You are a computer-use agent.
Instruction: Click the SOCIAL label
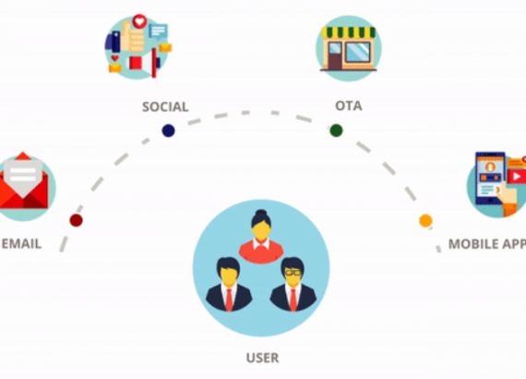pyautogui.click(x=165, y=107)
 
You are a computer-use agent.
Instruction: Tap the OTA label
pyautogui.click(x=349, y=105)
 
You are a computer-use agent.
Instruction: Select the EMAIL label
pyautogui.click(x=21, y=244)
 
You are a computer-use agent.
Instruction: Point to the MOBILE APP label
pyautogui.click(x=487, y=244)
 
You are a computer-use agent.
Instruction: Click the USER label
pyautogui.click(x=262, y=358)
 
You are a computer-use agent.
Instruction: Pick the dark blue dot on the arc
pyautogui.click(x=168, y=130)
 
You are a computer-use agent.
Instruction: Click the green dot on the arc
pyautogui.click(x=336, y=130)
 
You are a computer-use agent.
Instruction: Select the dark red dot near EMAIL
pyautogui.click(x=77, y=220)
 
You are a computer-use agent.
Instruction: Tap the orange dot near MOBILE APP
pyautogui.click(x=425, y=220)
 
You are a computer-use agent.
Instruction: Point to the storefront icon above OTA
pyautogui.click(x=349, y=48)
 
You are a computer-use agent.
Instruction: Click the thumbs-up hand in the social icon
pyautogui.click(x=133, y=37)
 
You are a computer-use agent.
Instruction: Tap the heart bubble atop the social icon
pyautogui.click(x=139, y=22)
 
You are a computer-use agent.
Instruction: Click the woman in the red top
pyautogui.click(x=261, y=237)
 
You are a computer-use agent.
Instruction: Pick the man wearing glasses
pyautogui.click(x=293, y=285)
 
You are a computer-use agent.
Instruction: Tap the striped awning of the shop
pyautogui.click(x=349, y=32)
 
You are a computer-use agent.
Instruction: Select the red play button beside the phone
pyautogui.click(x=517, y=176)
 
